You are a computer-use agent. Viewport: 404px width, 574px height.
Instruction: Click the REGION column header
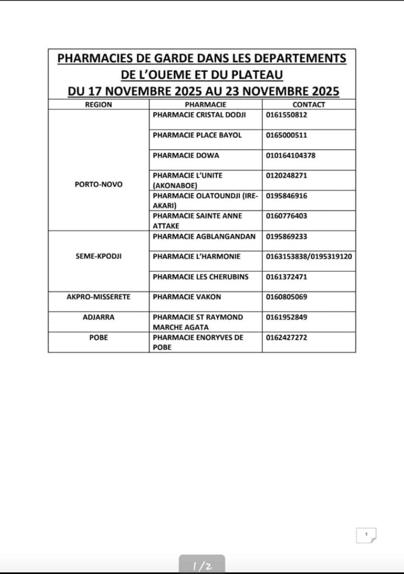coord(99,104)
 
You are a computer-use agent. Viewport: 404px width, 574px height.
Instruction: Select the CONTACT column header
coord(308,104)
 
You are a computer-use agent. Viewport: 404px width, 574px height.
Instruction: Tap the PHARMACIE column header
coord(205,104)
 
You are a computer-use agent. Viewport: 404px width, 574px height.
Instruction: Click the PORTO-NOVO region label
coord(99,184)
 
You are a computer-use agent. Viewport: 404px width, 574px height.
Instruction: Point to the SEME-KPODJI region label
coord(99,256)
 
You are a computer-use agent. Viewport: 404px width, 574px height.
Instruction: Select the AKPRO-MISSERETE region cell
coord(99,297)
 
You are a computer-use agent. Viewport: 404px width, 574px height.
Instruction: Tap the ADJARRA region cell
coord(99,317)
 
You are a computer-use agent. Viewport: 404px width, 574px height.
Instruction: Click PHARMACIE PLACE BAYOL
coord(197,135)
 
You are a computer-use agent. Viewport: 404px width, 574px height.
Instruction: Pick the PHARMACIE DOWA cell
coord(186,155)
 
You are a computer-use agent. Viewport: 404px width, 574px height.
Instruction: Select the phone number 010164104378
coord(291,155)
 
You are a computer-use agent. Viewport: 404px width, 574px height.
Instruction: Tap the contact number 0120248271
coord(287,175)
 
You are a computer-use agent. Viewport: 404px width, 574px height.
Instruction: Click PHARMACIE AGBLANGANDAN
coord(204,236)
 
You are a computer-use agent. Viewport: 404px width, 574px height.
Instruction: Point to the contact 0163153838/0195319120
coord(309,256)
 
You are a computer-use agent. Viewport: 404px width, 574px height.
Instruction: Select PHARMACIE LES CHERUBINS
coord(201,276)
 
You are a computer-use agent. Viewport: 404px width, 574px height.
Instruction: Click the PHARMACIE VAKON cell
coord(187,297)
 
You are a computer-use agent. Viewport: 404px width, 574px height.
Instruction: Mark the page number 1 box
coord(366,535)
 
